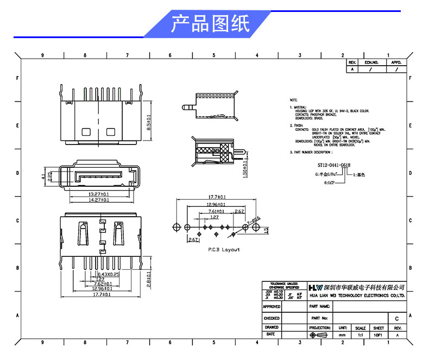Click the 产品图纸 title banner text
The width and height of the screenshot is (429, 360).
click(x=211, y=24)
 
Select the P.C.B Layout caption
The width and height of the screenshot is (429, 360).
click(x=224, y=250)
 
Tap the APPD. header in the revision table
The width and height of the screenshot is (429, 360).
click(x=396, y=62)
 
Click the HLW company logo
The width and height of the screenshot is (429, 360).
click(x=315, y=287)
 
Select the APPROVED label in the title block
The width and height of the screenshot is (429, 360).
click(x=272, y=307)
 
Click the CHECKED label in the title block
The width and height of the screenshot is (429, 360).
click(x=272, y=318)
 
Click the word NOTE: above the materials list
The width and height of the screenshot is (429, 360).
click(x=294, y=100)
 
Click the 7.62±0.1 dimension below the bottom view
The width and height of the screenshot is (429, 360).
click(x=103, y=284)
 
